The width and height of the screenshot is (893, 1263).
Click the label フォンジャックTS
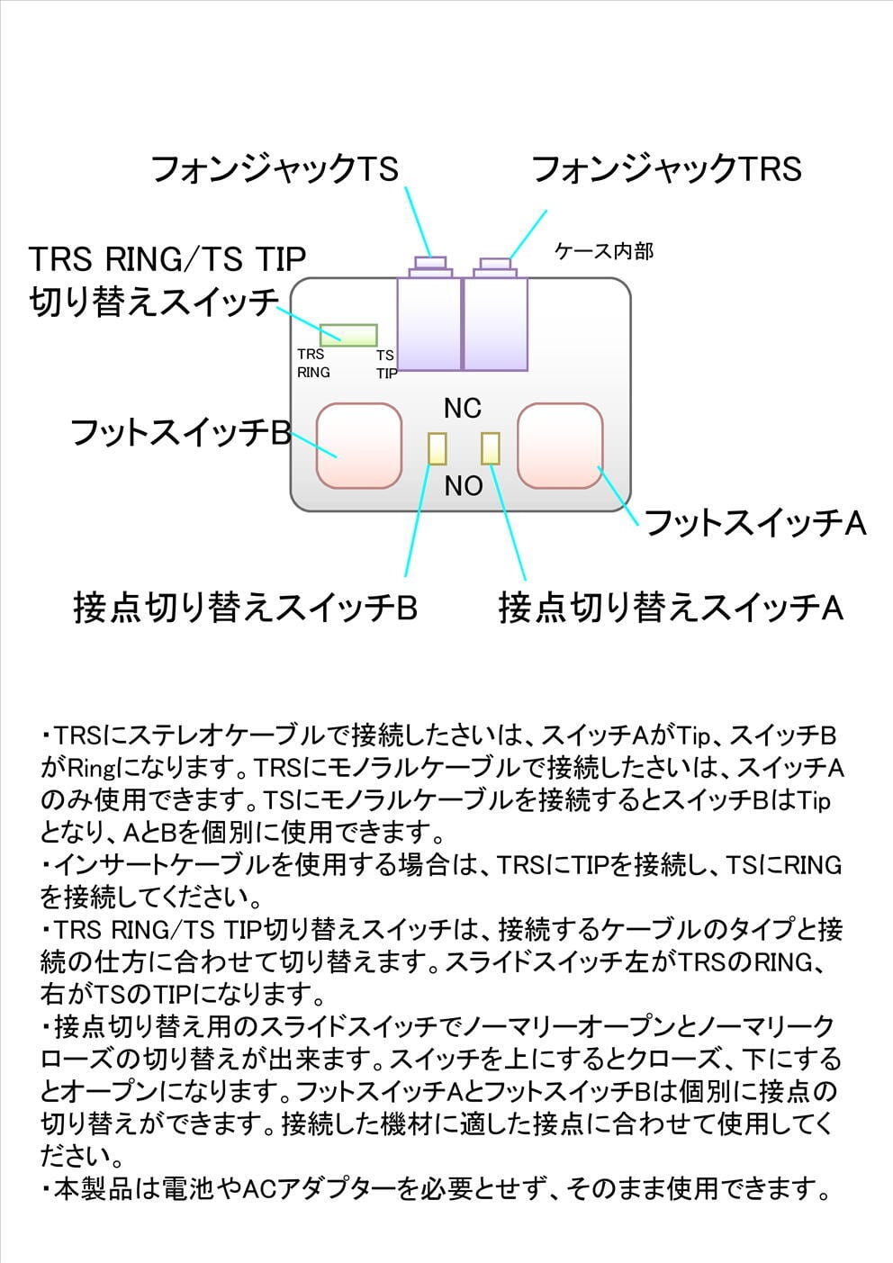pyautogui.click(x=275, y=168)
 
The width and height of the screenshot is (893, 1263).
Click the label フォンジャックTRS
pyautogui.click(x=666, y=168)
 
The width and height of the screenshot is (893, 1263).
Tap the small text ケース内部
pyautogui.click(x=604, y=251)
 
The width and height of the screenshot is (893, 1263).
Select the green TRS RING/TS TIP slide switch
pyautogui.click(x=348, y=335)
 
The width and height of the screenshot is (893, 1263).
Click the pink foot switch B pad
pyautogui.click(x=359, y=447)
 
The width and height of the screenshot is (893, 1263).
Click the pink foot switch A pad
pyautogui.click(x=559, y=447)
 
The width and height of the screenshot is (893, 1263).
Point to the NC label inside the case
pyautogui.click(x=463, y=409)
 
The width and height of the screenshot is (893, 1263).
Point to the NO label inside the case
pyautogui.click(x=464, y=486)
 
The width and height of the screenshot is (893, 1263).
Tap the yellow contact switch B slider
pyautogui.click(x=437, y=448)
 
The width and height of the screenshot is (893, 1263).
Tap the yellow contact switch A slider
pyautogui.click(x=491, y=448)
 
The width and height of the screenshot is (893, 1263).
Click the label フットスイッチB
pyautogui.click(x=180, y=433)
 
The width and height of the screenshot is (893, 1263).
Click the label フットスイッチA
pyautogui.click(x=755, y=523)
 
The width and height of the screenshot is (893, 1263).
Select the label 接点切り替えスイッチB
pyautogui.click(x=245, y=608)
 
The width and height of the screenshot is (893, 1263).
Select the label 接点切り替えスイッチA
pyautogui.click(x=671, y=608)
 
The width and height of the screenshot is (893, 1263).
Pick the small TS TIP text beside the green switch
pyautogui.click(x=385, y=364)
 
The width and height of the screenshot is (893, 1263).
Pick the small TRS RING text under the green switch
pyautogui.click(x=313, y=363)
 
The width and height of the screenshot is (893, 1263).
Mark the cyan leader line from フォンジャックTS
pyautogui.click(x=419, y=221)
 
